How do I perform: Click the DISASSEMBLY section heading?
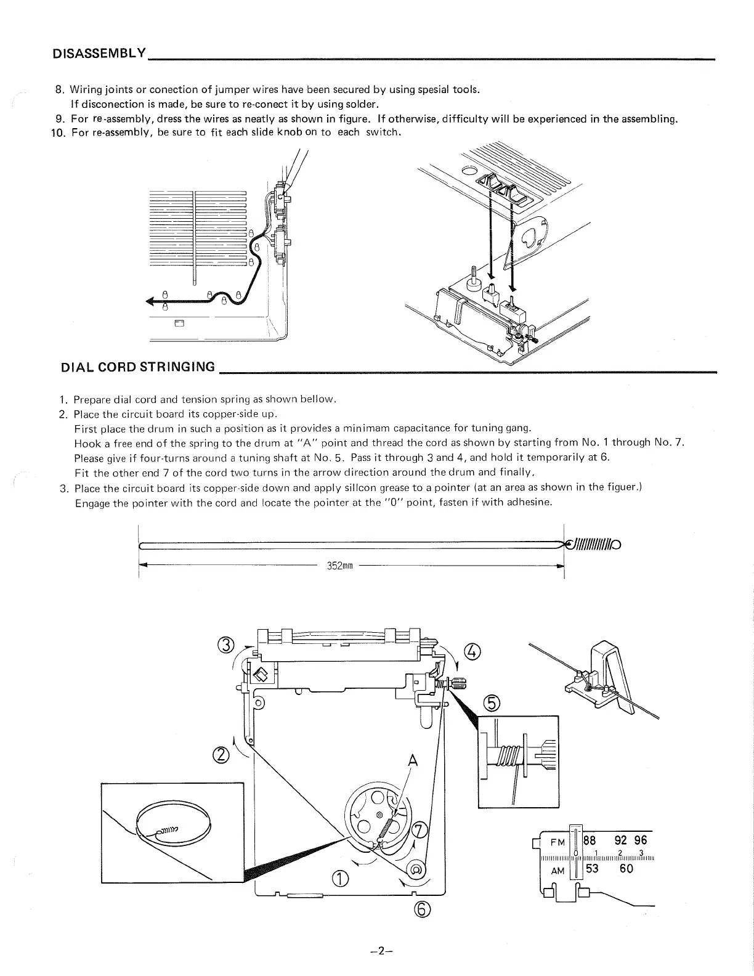click(x=99, y=52)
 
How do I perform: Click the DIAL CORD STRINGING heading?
click(x=138, y=368)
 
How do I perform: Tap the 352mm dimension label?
click(x=338, y=566)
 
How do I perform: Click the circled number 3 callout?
click(x=226, y=646)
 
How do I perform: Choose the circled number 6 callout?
click(x=428, y=910)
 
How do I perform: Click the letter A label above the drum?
click(x=412, y=762)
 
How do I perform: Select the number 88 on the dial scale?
click(x=590, y=840)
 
